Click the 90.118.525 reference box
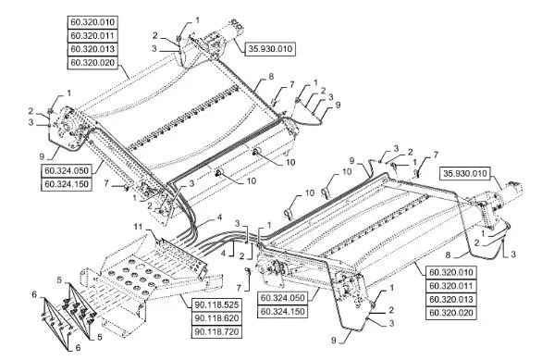tap(216, 305)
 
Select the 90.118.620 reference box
tap(216, 318)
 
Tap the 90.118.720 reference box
tap(216, 331)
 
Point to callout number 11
tap(138, 227)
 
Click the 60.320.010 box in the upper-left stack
tap(92, 22)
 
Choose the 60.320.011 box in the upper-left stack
tap(92, 35)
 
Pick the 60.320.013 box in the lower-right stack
tap(450, 300)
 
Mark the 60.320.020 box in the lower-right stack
tap(450, 313)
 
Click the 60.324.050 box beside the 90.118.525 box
tap(282, 298)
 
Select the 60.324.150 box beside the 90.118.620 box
tap(282, 312)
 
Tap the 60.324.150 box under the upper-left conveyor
tap(67, 184)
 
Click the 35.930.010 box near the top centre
tap(270, 49)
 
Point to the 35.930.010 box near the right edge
tap(465, 173)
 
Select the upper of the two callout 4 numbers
tap(219, 217)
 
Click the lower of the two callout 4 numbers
tap(223, 254)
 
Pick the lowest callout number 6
tap(78, 347)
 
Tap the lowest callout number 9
tap(334, 341)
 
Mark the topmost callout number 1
tap(197, 20)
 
